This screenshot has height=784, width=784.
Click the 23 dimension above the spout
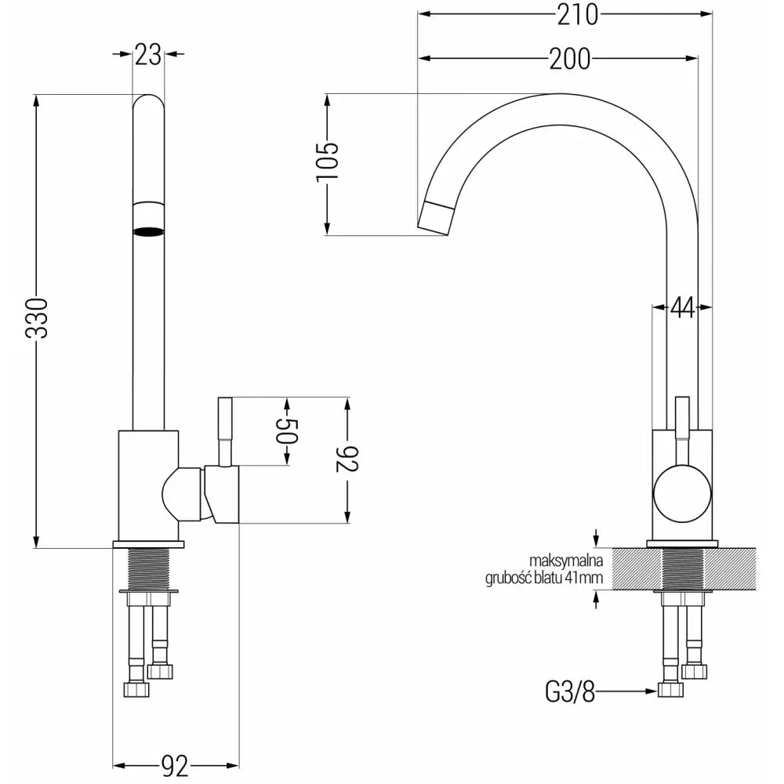(x=147, y=54)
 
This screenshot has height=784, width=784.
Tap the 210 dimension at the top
(x=576, y=14)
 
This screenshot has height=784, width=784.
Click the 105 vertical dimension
(x=327, y=163)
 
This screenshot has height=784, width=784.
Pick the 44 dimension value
(x=682, y=308)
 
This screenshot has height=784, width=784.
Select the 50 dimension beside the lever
(x=287, y=432)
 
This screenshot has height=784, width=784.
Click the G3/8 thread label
(x=570, y=691)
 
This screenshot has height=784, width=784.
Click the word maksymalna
(x=566, y=561)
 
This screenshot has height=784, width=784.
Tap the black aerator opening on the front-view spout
(x=148, y=231)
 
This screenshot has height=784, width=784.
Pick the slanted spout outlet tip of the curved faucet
(x=436, y=217)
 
